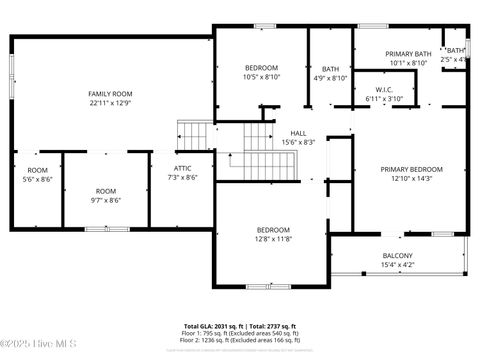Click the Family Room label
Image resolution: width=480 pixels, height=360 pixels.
pos(110,93)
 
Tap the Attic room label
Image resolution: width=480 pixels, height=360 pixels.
pos(182,169)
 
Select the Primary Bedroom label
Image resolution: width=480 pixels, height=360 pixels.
pos(411,169)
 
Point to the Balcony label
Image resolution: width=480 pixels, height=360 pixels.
pos(398,256)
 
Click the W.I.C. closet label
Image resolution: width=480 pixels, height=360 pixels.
pos(382,90)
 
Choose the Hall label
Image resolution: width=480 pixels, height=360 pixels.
pos(298,133)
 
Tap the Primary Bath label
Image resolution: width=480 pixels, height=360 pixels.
pos(409,54)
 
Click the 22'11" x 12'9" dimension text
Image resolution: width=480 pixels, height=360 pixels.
pos(110,102)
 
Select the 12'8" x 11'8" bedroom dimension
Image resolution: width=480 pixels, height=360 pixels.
pos(272,239)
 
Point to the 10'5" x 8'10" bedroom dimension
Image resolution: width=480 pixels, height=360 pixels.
pos(261,77)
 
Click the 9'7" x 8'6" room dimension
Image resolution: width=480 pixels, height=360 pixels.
pos(106,200)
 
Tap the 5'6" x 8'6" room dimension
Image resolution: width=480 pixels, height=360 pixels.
pos(38,179)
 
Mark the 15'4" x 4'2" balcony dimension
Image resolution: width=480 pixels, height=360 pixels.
pos(398,265)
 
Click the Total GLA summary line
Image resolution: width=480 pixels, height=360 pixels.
pos(239,327)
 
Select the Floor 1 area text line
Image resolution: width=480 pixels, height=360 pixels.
pos(239,334)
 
